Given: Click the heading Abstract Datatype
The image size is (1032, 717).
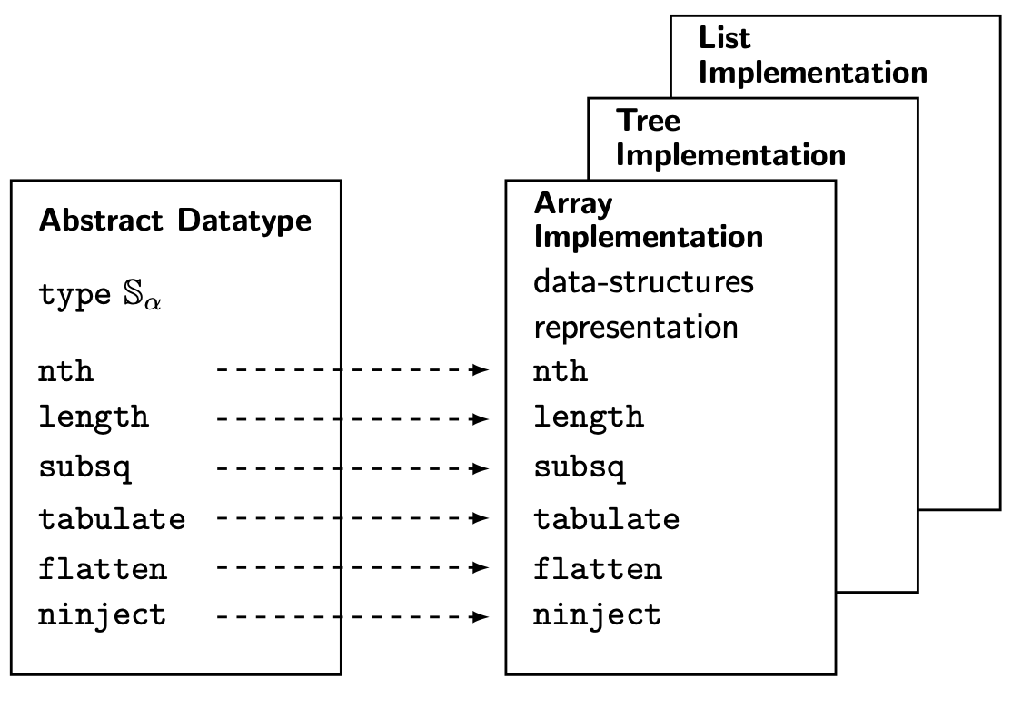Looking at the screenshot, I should (174, 221).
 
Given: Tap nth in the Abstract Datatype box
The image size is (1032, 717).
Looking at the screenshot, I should (65, 371).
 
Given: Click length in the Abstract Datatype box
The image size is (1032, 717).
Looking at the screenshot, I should (93, 418).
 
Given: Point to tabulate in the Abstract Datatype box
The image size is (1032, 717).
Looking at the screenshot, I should (112, 519).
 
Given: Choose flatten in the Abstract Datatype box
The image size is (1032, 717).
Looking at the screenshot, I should (102, 569).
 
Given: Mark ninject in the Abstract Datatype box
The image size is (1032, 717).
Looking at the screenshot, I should (102, 615).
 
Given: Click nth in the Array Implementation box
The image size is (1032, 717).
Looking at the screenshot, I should (560, 371).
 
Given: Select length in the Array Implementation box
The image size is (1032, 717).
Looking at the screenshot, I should (588, 417).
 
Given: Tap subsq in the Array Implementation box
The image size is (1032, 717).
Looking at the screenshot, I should (579, 468).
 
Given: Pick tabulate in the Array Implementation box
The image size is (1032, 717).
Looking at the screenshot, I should (606, 519).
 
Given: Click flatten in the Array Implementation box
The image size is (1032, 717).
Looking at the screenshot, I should (597, 569).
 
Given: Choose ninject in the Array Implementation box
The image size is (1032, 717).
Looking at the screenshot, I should (597, 615).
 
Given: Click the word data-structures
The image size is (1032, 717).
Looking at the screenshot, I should (643, 282).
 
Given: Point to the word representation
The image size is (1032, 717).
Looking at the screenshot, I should (635, 327).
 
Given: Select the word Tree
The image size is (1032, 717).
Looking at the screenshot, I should (648, 121).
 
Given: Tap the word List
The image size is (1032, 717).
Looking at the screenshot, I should (724, 38).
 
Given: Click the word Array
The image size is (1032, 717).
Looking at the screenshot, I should (572, 203).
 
